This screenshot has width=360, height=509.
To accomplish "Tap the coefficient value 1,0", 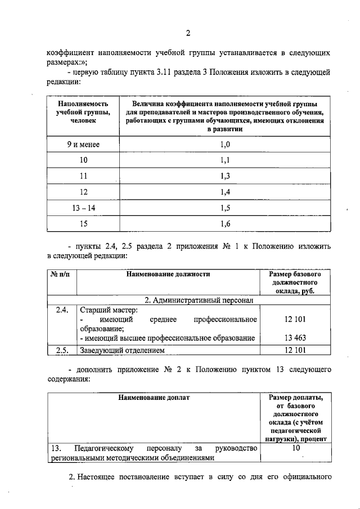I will point(224,145).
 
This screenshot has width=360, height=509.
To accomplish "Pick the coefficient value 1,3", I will point(224,176).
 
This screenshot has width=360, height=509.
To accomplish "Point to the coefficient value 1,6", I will point(224,224).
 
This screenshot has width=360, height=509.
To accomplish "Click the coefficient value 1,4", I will point(224,192).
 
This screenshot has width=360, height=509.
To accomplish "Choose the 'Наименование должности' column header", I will point(168,274).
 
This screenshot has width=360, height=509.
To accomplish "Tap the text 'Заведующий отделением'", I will point(122,351).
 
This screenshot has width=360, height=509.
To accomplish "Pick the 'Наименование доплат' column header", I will point(154,398).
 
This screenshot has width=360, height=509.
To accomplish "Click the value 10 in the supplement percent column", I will point(296,448).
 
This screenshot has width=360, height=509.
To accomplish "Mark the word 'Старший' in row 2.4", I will point(94,310).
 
